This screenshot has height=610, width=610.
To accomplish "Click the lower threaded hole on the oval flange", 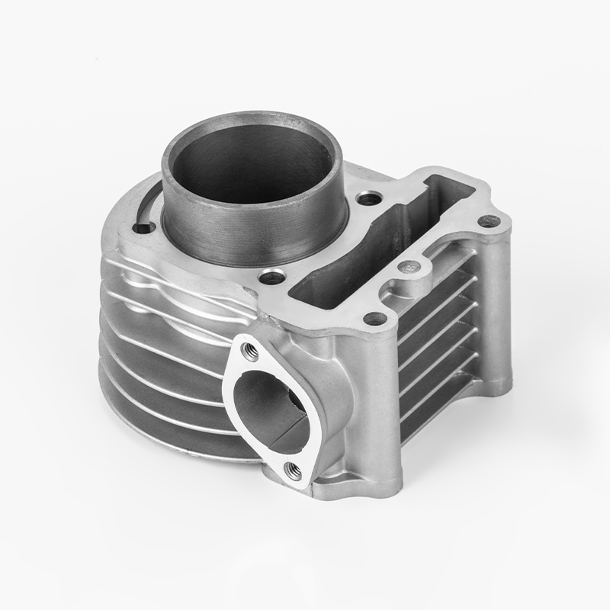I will click(x=290, y=471).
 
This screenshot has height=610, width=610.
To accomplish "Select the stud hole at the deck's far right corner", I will click(x=489, y=222).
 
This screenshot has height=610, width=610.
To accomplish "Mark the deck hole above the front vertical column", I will click(x=373, y=318).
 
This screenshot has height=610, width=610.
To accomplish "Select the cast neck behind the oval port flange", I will click(x=316, y=381).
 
